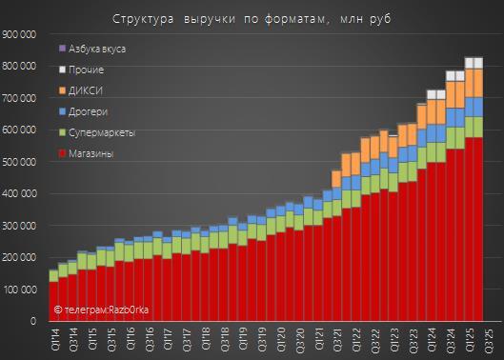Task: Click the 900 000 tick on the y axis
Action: [19, 34]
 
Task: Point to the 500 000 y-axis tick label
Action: [19, 162]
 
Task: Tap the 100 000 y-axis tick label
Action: [20, 290]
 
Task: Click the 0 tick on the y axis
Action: [33, 321]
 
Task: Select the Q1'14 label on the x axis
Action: [54, 339]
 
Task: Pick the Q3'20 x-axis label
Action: [299, 339]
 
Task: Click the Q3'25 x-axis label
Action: [488, 339]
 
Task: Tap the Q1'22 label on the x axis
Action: [356, 339]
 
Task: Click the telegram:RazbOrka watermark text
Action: [101, 310]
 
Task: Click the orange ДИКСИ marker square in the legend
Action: [62, 91]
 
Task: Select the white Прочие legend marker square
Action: [62, 70]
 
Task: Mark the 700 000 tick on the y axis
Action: [19, 98]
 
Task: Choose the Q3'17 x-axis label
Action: [187, 339]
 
